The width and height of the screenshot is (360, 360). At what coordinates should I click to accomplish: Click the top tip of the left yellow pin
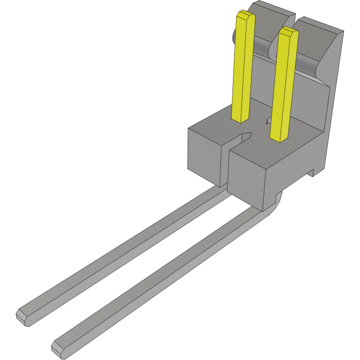click(246, 16)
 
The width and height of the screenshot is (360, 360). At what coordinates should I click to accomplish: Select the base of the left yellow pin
click(240, 119)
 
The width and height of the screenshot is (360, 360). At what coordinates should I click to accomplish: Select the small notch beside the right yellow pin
click(268, 120)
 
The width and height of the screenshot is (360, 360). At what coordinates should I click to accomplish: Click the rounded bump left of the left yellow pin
click(234, 36)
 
